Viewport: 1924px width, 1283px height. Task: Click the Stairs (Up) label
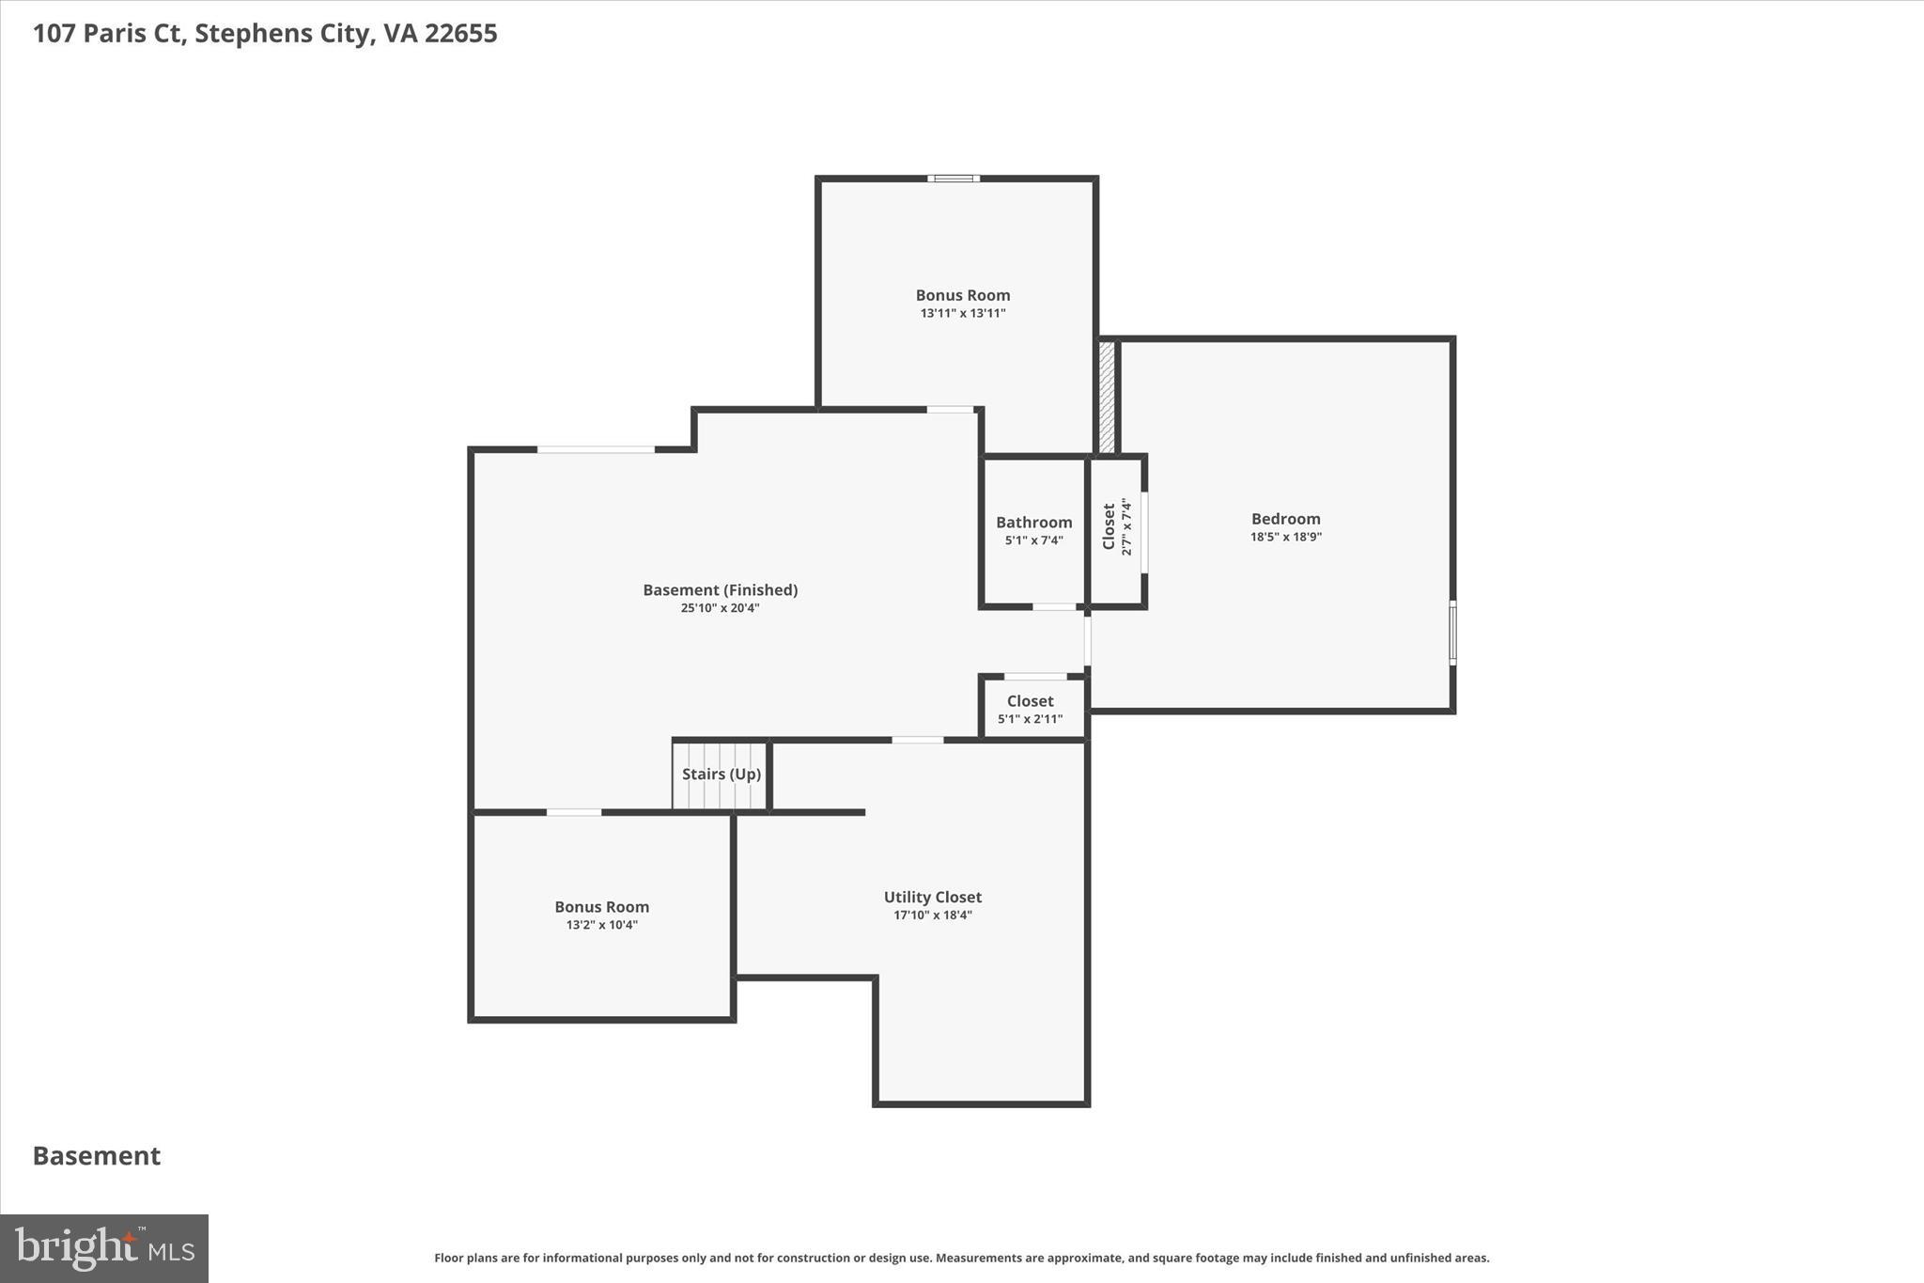721,774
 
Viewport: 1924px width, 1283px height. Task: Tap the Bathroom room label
1033,523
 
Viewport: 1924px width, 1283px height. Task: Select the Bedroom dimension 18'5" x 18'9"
1285,537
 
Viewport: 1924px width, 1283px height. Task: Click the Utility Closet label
932,897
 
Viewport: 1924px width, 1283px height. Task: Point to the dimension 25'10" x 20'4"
720,608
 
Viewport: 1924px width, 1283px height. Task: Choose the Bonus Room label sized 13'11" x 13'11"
962,295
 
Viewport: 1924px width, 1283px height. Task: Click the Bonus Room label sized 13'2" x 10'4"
601,907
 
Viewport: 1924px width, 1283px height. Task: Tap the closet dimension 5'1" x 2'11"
1030,719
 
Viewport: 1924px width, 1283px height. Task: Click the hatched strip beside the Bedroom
1107,396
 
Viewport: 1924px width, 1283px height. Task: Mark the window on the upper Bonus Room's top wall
953,179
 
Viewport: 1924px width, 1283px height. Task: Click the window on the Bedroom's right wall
1451,634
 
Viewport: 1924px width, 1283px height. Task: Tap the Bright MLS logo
104,1248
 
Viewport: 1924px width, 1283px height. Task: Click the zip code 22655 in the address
460,34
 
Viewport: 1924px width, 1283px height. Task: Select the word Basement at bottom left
97,1156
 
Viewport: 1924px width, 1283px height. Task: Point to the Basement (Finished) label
720,590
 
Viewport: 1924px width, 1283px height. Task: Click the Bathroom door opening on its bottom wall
1054,607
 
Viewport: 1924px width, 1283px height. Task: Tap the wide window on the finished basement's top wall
596,450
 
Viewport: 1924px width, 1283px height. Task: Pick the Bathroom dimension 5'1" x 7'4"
1033,540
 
